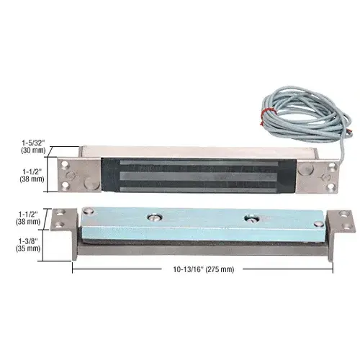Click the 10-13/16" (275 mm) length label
pyautogui.click(x=204, y=270)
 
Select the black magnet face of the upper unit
pyautogui.click(x=198, y=176)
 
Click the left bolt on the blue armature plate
pyautogui.click(x=155, y=217)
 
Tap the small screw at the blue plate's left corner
pyautogui.click(x=88, y=212)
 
